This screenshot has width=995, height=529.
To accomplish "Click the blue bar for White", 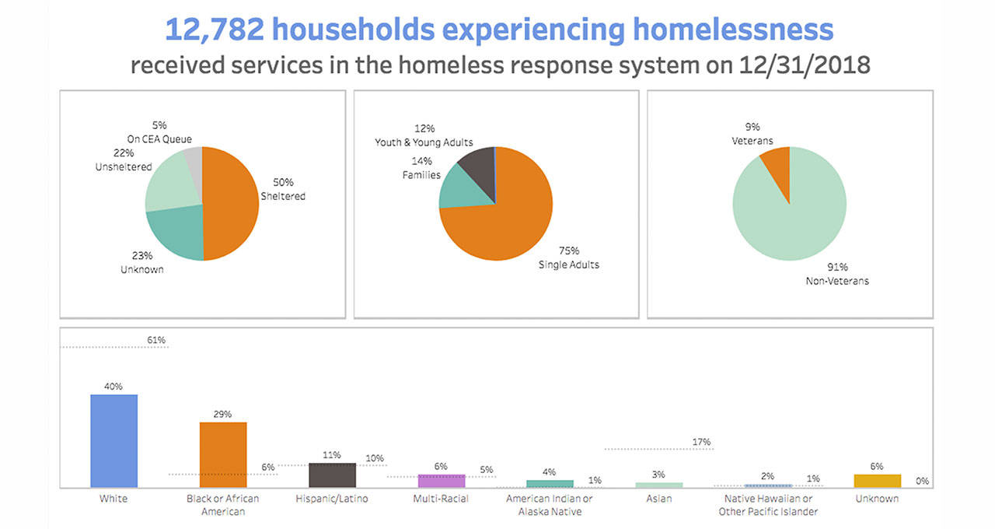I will click(114, 441).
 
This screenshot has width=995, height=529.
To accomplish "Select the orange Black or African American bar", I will click(223, 455).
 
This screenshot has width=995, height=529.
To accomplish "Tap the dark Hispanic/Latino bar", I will click(332, 475).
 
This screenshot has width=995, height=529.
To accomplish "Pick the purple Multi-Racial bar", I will click(441, 481).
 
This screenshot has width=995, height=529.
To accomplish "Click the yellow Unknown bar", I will click(877, 481).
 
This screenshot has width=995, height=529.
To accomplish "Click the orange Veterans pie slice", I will click(777, 163).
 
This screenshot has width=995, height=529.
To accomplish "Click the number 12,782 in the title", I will click(211, 31).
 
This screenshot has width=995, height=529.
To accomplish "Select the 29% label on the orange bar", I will click(222, 414).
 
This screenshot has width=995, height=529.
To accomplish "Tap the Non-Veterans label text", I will click(837, 281).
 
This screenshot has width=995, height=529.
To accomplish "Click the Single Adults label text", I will click(569, 264).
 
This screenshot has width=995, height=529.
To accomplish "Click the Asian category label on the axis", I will click(658, 499).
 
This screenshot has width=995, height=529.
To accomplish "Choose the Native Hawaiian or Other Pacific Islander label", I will click(768, 505).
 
